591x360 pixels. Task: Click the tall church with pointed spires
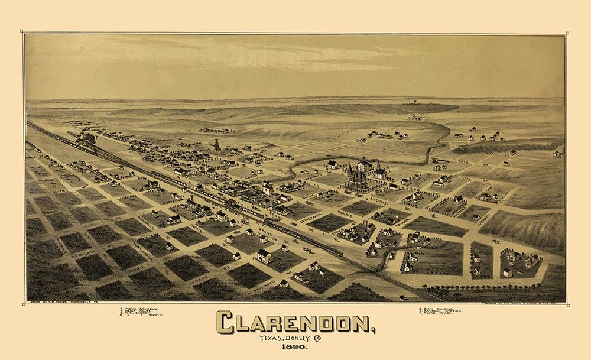point(356,174)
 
